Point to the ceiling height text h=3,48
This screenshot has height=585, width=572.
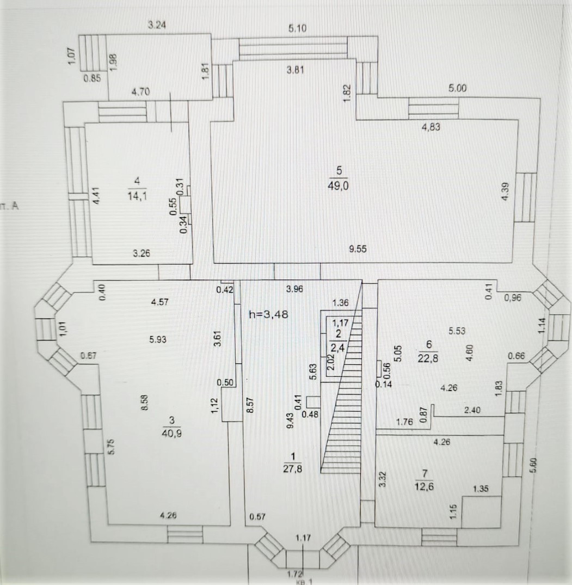click(267, 314)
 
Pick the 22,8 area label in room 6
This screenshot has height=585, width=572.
click(429, 357)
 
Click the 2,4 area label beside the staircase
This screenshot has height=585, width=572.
click(339, 345)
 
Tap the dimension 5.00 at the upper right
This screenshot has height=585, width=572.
click(458, 88)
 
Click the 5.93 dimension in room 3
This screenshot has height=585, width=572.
click(157, 339)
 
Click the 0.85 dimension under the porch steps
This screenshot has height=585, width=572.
click(92, 78)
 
